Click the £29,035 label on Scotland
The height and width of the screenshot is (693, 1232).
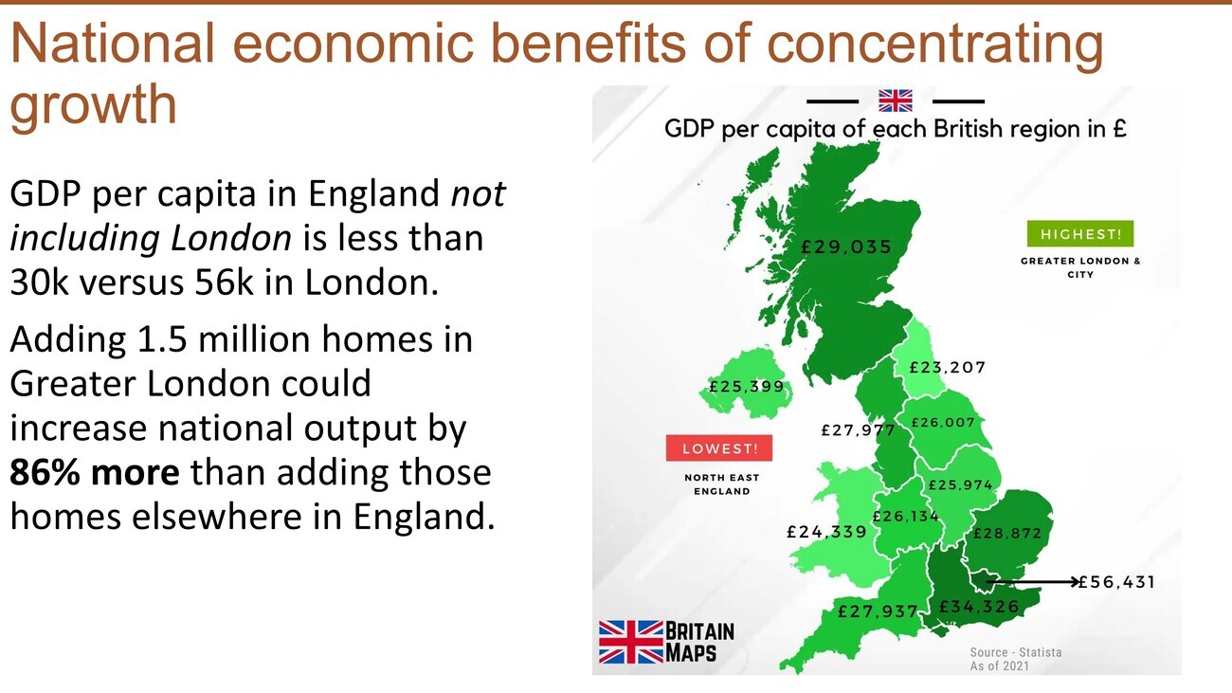coord(846,246)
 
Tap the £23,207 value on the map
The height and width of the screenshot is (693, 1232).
coord(948,367)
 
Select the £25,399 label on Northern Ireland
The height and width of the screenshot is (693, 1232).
coord(747,386)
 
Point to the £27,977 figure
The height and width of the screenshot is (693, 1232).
coord(858,429)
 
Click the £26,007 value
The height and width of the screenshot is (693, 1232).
coord(943,423)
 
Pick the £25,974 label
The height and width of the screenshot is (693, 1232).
coord(960,484)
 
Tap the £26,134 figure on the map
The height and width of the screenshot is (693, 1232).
coord(905,516)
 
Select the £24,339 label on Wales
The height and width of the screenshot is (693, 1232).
coord(826,531)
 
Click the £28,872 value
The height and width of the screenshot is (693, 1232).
coord(1007,533)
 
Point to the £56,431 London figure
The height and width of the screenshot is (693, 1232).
coord(1116,582)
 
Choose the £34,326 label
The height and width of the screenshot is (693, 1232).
coord(979,606)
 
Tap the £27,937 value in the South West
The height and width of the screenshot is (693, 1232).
coord(878,611)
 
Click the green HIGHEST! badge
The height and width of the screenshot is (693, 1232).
coord(1080,234)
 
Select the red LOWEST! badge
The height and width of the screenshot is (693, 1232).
coord(719,448)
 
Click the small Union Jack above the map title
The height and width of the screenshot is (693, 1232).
coord(896,100)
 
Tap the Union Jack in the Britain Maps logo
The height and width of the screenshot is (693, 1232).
coord(631,642)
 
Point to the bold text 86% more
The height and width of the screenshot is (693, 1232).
coord(95,472)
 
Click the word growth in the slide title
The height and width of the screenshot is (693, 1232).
coord(94,104)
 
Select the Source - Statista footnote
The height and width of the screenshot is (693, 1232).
coord(1016,652)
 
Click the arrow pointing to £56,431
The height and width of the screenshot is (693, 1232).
coord(1032,581)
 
